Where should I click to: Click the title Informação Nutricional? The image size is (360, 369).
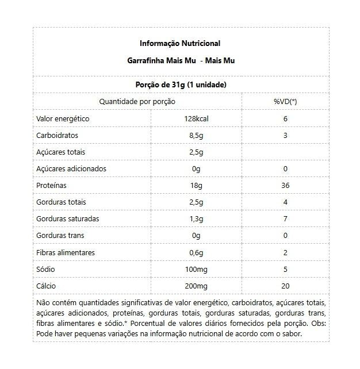coord(180,43)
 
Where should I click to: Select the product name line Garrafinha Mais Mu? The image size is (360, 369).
coord(180,60)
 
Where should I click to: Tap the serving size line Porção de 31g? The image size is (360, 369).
coord(180,84)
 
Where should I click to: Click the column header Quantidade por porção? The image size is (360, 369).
coord(137,101)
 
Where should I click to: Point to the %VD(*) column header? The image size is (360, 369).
coord(285,101)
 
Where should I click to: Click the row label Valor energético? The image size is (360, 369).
coord(63,118)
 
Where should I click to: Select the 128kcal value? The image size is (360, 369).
coord(196,118)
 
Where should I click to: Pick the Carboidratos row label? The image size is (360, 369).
coord(57,135)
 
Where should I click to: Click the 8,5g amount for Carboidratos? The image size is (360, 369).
coord(196,135)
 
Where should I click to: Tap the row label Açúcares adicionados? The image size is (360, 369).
coord(71,168)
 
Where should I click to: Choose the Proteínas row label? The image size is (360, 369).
coord(51,186)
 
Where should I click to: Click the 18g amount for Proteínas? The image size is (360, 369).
coord(196,186)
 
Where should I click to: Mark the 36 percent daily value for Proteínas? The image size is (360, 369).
coord(285,186)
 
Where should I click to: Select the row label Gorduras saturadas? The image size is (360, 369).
coord(67,219)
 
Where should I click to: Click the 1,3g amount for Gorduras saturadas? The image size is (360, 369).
coord(196,219)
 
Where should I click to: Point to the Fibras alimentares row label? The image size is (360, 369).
coord(65,252)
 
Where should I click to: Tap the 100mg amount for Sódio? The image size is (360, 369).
coord(196,269)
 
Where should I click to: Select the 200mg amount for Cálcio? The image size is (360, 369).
coord(196,286)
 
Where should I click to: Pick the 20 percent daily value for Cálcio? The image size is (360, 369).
coord(285,286)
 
